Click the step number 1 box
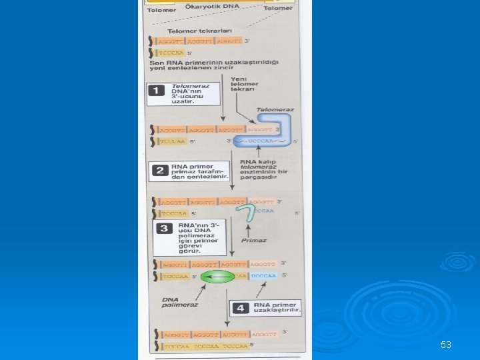click(156, 91)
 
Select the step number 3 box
click(162, 228)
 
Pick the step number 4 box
click(240, 308)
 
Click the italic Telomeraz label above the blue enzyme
click(274, 110)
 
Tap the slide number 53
click(446, 345)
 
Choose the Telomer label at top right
click(278, 8)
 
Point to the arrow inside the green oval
click(215, 275)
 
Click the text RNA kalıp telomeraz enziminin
click(265, 170)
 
